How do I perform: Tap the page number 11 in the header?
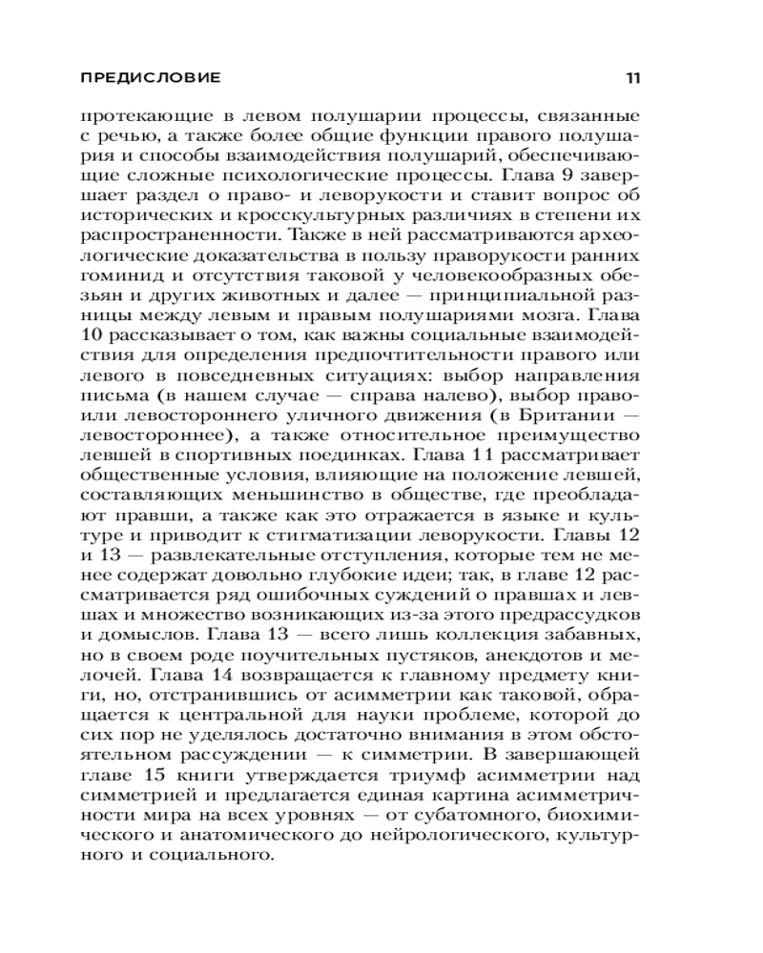click(x=631, y=77)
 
